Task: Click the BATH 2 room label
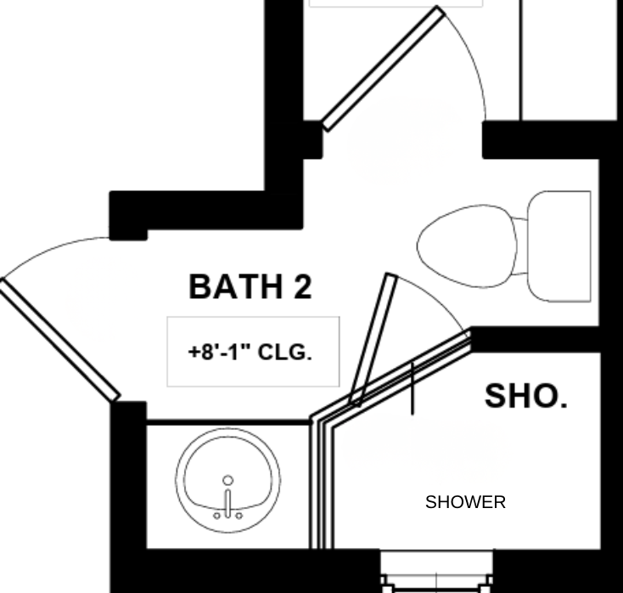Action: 250,286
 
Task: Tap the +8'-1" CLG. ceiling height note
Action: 250,353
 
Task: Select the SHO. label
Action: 526,396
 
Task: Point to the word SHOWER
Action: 465,502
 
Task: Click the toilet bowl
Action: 467,246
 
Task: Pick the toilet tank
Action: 559,246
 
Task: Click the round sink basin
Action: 228,480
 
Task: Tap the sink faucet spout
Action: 228,503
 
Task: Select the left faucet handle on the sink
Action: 216,516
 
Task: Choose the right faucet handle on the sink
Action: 239,516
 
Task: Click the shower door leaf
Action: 373,340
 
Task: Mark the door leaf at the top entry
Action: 383,69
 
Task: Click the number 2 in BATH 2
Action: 303,286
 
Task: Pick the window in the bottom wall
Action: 436,571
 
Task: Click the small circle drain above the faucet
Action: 228,481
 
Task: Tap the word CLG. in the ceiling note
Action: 285,353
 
